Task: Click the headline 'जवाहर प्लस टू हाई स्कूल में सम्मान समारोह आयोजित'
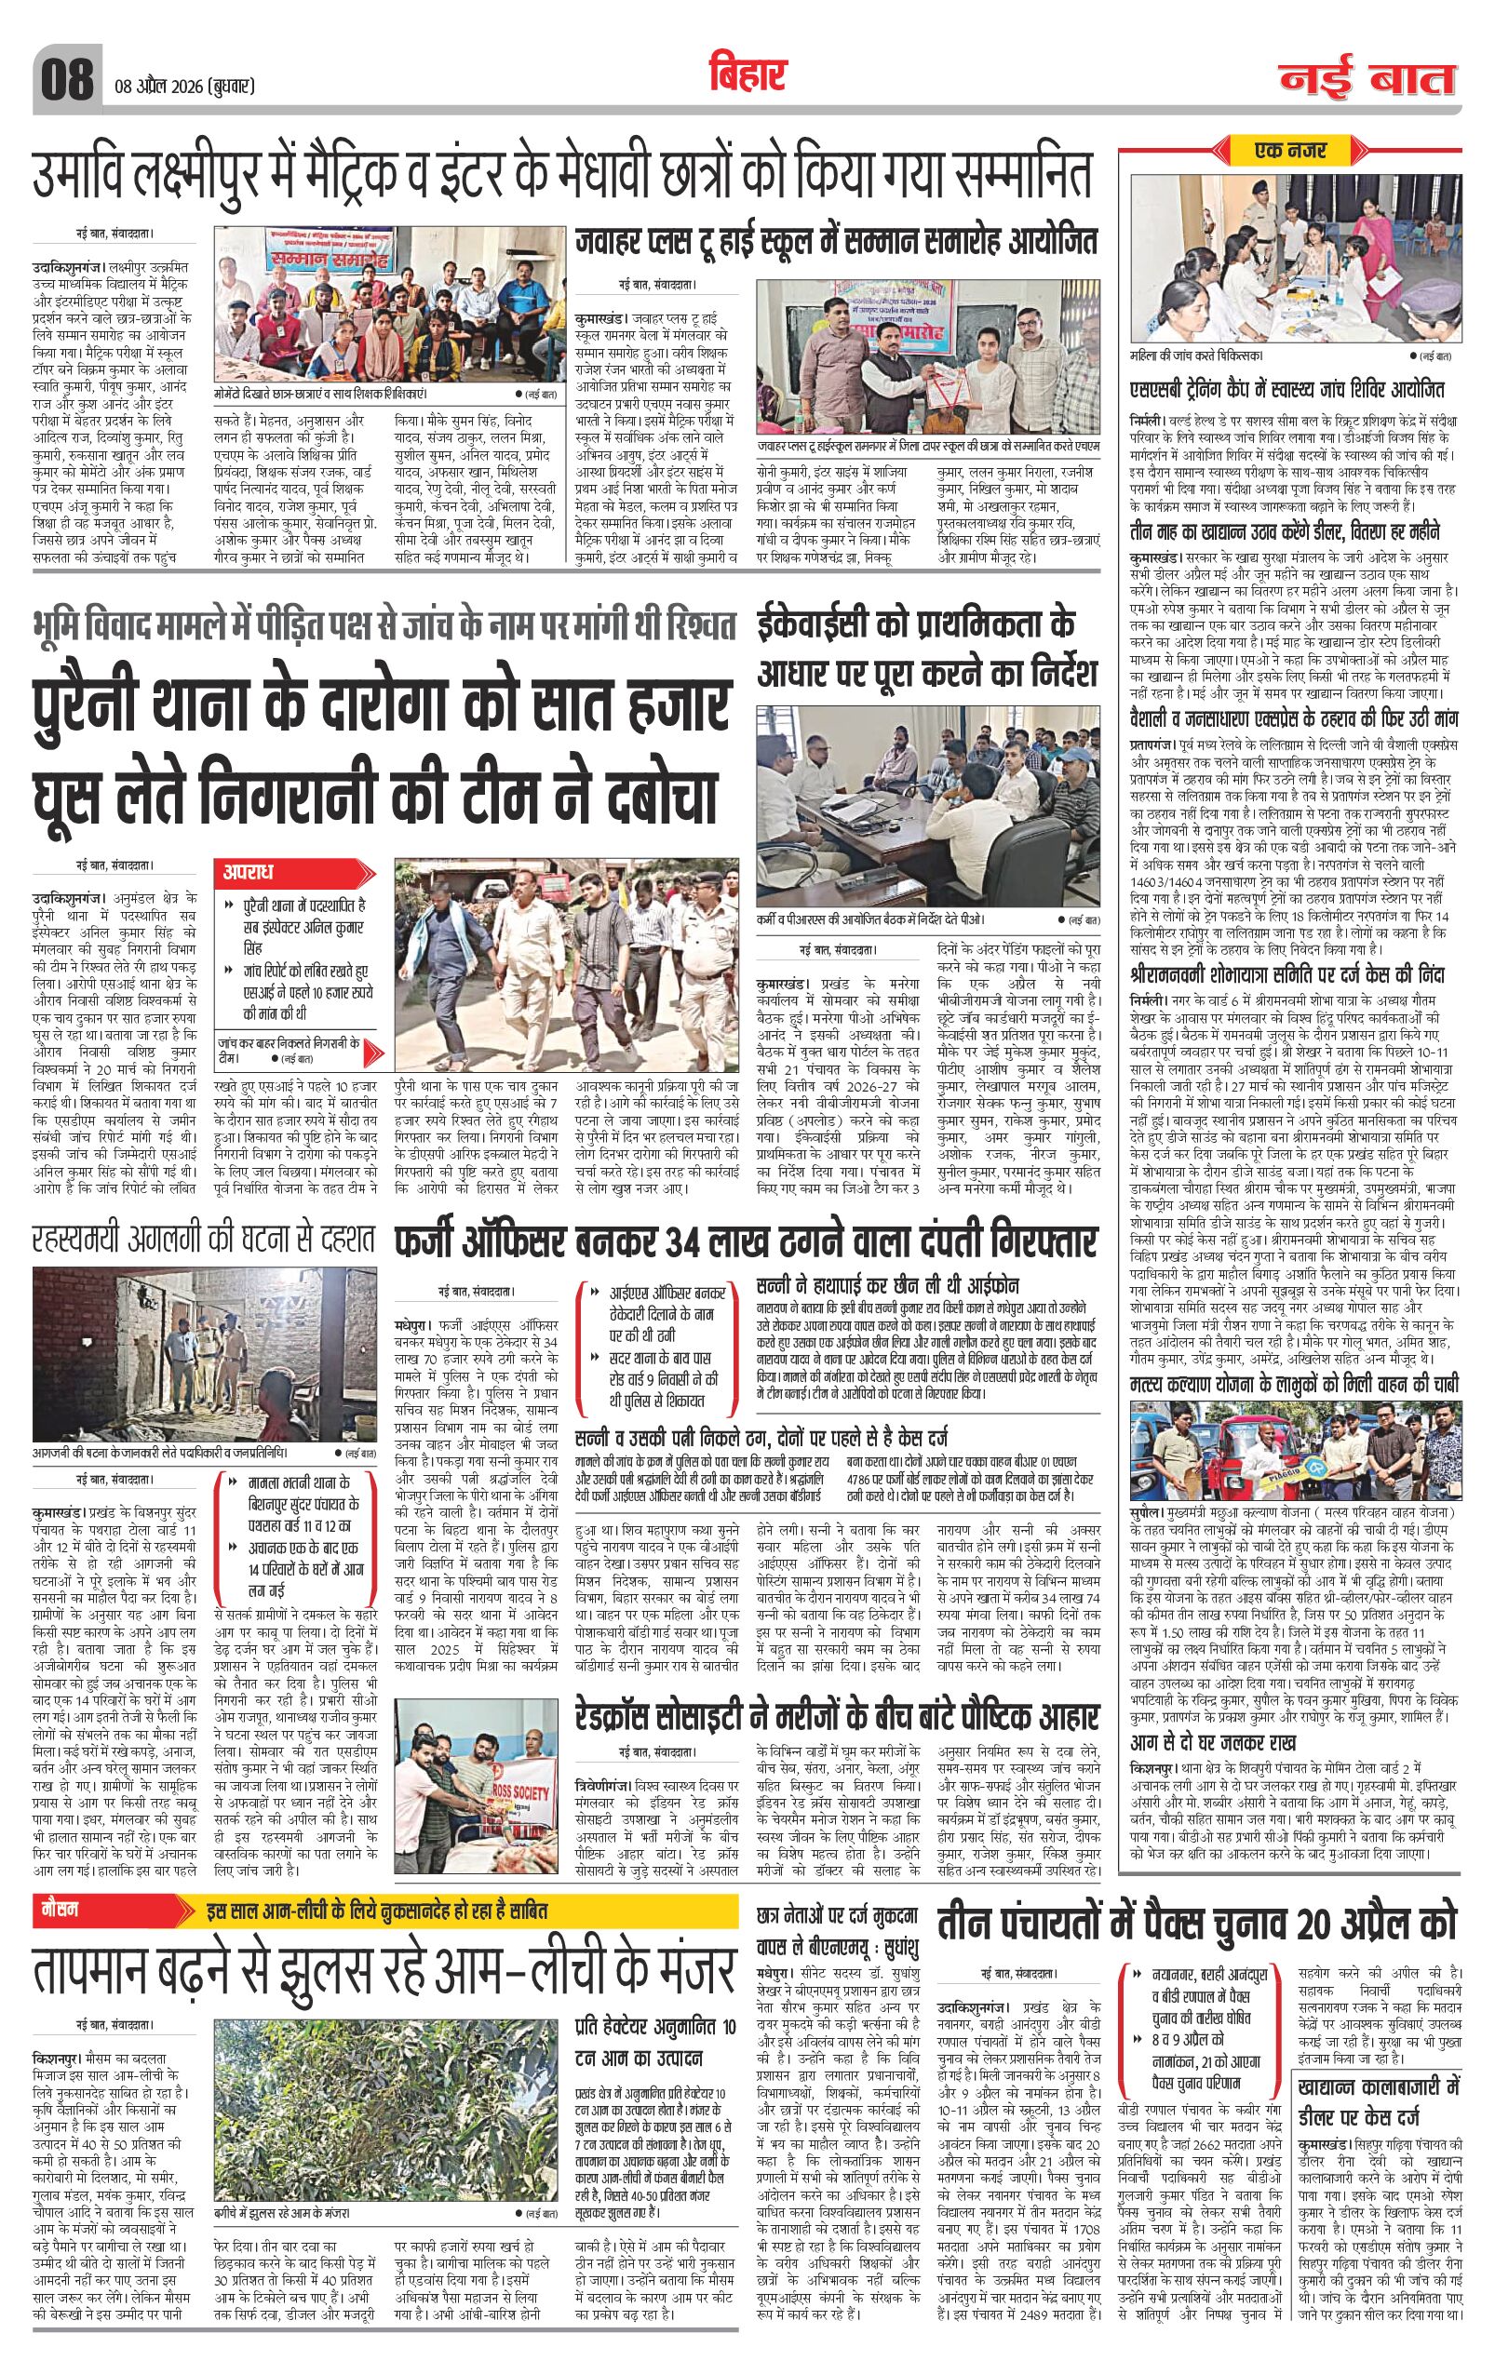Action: click(837, 243)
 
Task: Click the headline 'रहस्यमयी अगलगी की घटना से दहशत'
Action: click(203, 1239)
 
